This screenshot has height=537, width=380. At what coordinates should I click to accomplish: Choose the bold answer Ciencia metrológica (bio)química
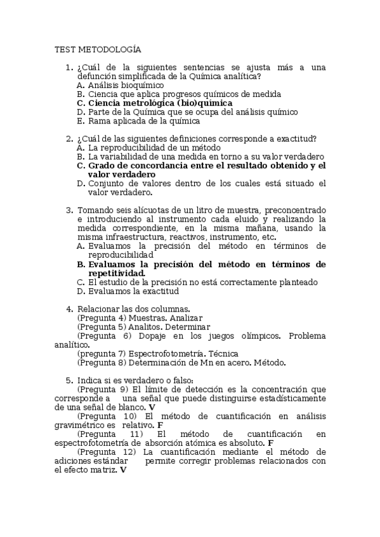[160, 103]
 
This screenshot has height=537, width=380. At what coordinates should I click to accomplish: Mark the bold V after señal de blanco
[152, 407]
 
